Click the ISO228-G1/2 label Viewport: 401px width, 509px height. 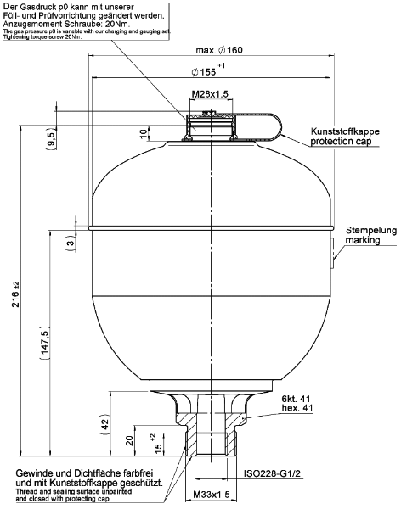click(271, 476)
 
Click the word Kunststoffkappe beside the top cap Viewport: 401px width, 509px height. click(343, 133)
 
